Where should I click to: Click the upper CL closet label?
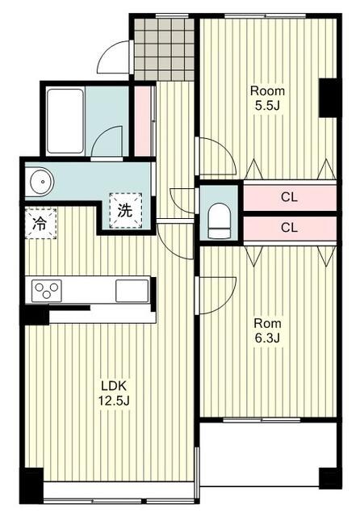[289, 196]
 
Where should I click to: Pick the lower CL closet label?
[289, 228]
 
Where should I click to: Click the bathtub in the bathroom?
[65, 120]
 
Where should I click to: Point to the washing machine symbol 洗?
[125, 211]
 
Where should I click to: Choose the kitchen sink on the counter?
[132, 290]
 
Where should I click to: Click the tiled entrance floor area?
[164, 48]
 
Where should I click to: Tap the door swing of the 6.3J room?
[215, 295]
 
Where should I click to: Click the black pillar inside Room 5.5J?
[329, 98]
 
